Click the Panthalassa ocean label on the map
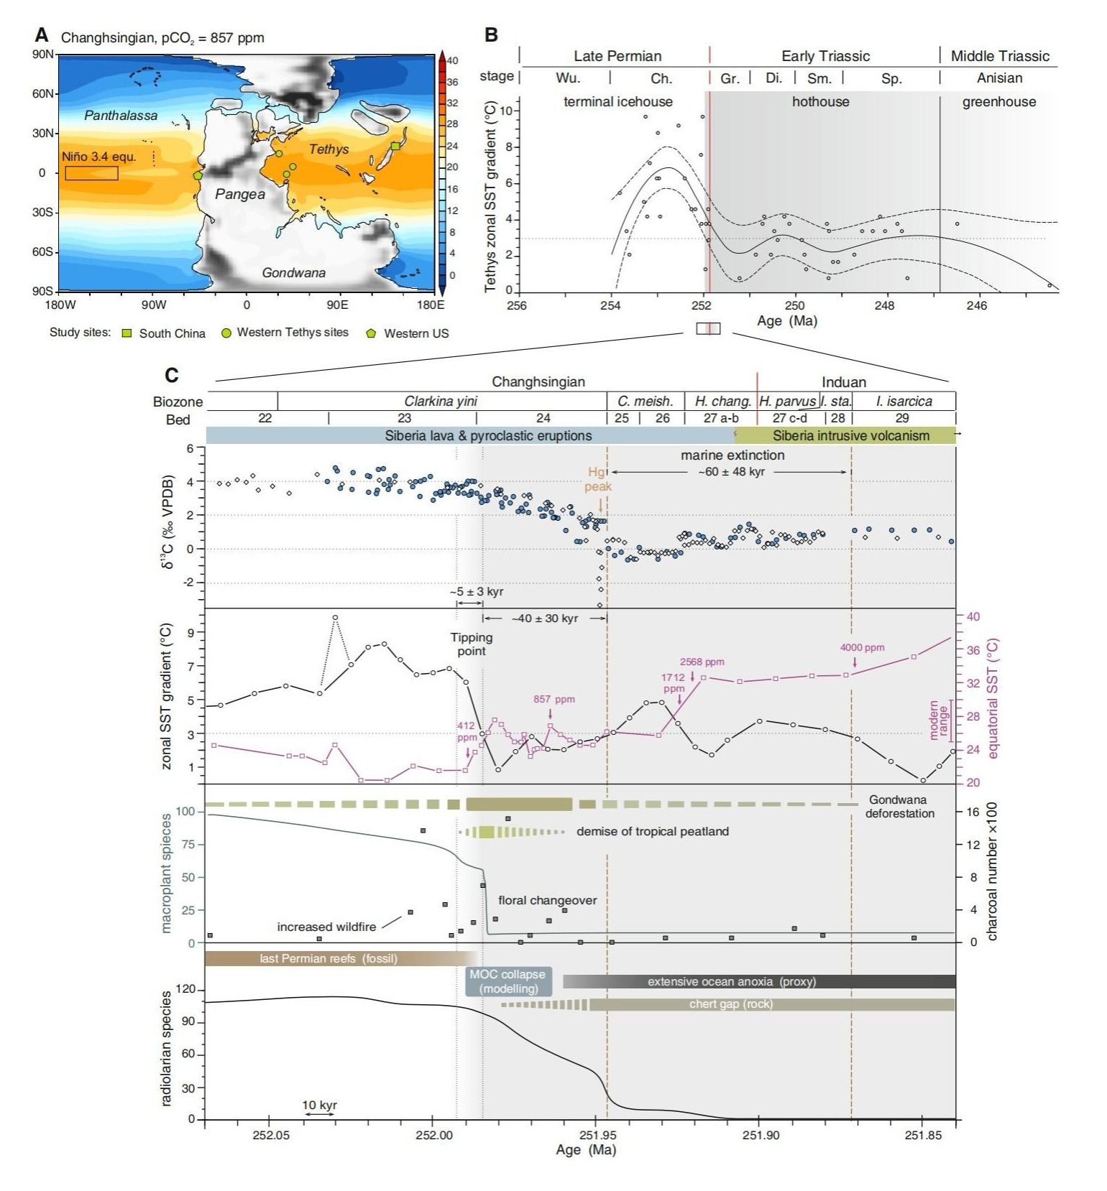(x=120, y=115)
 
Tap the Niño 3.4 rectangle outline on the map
(x=91, y=173)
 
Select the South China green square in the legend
(x=127, y=333)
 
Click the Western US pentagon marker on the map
(x=198, y=175)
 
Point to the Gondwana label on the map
(x=293, y=272)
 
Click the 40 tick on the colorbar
(x=452, y=61)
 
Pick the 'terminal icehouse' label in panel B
(x=617, y=102)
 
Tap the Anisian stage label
(x=998, y=78)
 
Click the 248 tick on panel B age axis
(x=884, y=305)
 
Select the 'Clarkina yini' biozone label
(x=441, y=401)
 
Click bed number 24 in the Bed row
(x=543, y=418)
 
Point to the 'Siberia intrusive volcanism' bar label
(x=850, y=435)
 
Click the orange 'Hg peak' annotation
(x=597, y=479)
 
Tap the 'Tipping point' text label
(x=472, y=644)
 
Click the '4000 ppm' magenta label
(x=862, y=647)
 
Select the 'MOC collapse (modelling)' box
(x=507, y=981)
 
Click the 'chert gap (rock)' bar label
(x=730, y=1004)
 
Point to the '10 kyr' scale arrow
(x=319, y=1113)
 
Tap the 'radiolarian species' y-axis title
(x=166, y=1048)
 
